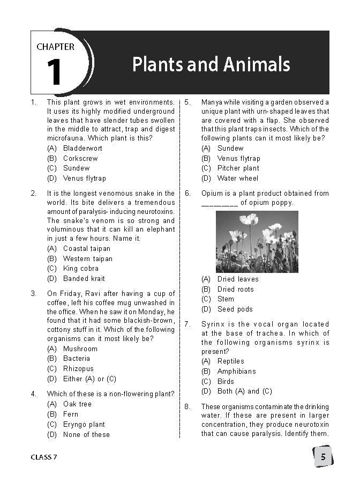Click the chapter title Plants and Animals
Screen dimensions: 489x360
(211, 65)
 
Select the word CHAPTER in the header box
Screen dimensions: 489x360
(55, 47)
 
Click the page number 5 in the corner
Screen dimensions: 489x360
(323, 457)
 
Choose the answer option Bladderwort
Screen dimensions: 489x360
(82, 148)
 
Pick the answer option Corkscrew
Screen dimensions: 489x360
(80, 158)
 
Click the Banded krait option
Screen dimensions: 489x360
(84, 278)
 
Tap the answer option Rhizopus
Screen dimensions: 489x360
(78, 368)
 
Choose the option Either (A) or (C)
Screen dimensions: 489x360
(89, 379)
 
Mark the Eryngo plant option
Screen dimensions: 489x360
(84, 424)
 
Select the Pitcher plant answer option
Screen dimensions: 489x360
(238, 168)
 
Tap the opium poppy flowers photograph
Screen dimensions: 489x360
(257, 241)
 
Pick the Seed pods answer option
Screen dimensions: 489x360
(235, 309)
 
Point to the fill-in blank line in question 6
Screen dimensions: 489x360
(220, 204)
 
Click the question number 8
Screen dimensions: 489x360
(187, 406)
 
